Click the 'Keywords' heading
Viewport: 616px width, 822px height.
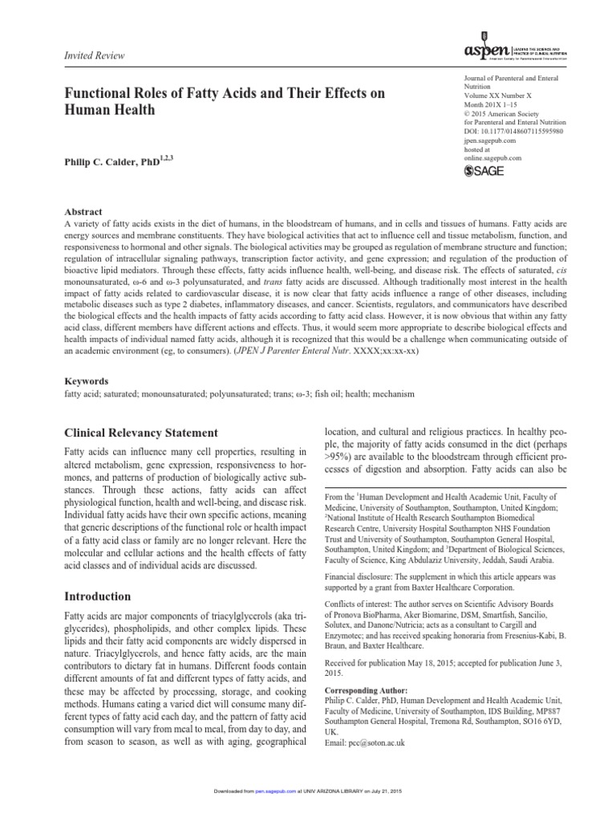(x=86, y=381)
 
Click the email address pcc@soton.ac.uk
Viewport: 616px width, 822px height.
(x=365, y=743)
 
